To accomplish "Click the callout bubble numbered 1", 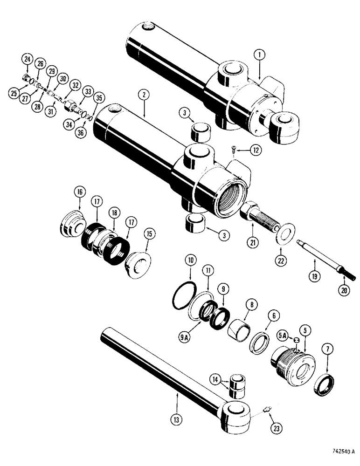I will coord(260,55).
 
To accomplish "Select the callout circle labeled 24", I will coord(27,59).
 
